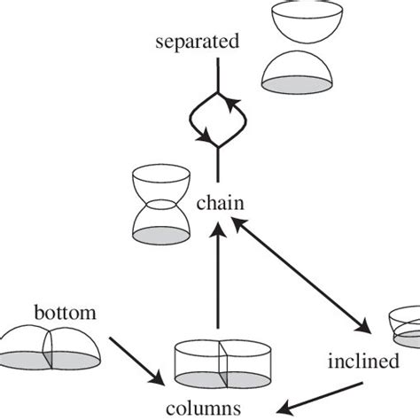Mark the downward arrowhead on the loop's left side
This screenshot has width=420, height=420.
(206, 139)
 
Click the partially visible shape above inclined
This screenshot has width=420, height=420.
(406, 327)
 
